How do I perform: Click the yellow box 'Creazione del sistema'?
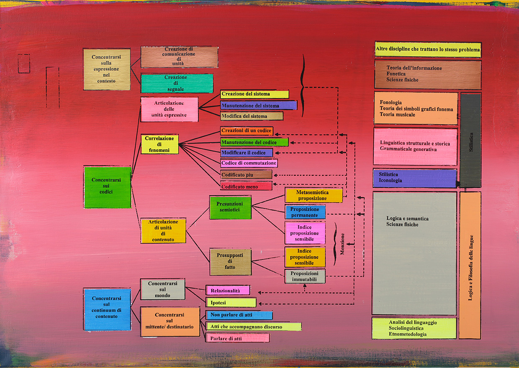point(254,94)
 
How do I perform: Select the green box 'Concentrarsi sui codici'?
point(108,187)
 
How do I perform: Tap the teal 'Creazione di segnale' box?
point(177,83)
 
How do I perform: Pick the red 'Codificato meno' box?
point(246,186)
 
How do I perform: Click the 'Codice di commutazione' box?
point(249,163)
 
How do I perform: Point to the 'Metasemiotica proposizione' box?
point(314,195)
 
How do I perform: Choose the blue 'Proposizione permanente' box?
point(305,212)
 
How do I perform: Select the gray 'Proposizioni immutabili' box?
point(305,276)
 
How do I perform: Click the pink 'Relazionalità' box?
point(228,290)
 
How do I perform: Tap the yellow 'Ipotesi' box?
point(231,302)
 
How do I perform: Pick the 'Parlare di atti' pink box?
point(237,338)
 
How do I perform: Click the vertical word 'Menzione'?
point(342,244)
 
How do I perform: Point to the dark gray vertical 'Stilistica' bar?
point(470,140)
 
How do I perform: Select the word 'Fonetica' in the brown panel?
point(396,74)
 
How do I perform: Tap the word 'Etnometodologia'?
point(408,334)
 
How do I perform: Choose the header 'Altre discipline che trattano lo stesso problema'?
point(428,49)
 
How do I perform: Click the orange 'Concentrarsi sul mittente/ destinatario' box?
point(170,322)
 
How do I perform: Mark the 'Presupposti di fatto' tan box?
point(231,262)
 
